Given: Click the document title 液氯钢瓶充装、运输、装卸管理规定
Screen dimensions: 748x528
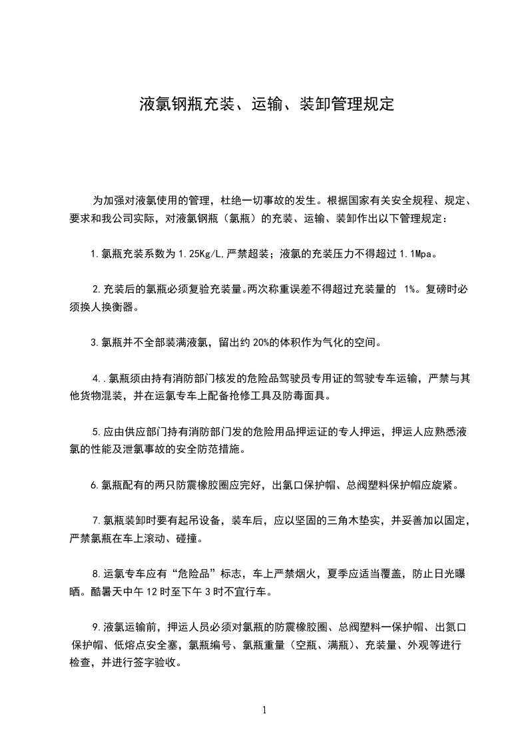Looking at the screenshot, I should click(x=267, y=105).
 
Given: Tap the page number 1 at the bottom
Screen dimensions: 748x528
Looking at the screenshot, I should click(x=264, y=710).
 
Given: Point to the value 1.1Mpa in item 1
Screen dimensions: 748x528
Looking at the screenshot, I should click(x=420, y=254).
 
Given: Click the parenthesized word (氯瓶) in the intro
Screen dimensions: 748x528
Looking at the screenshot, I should click(x=240, y=218).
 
